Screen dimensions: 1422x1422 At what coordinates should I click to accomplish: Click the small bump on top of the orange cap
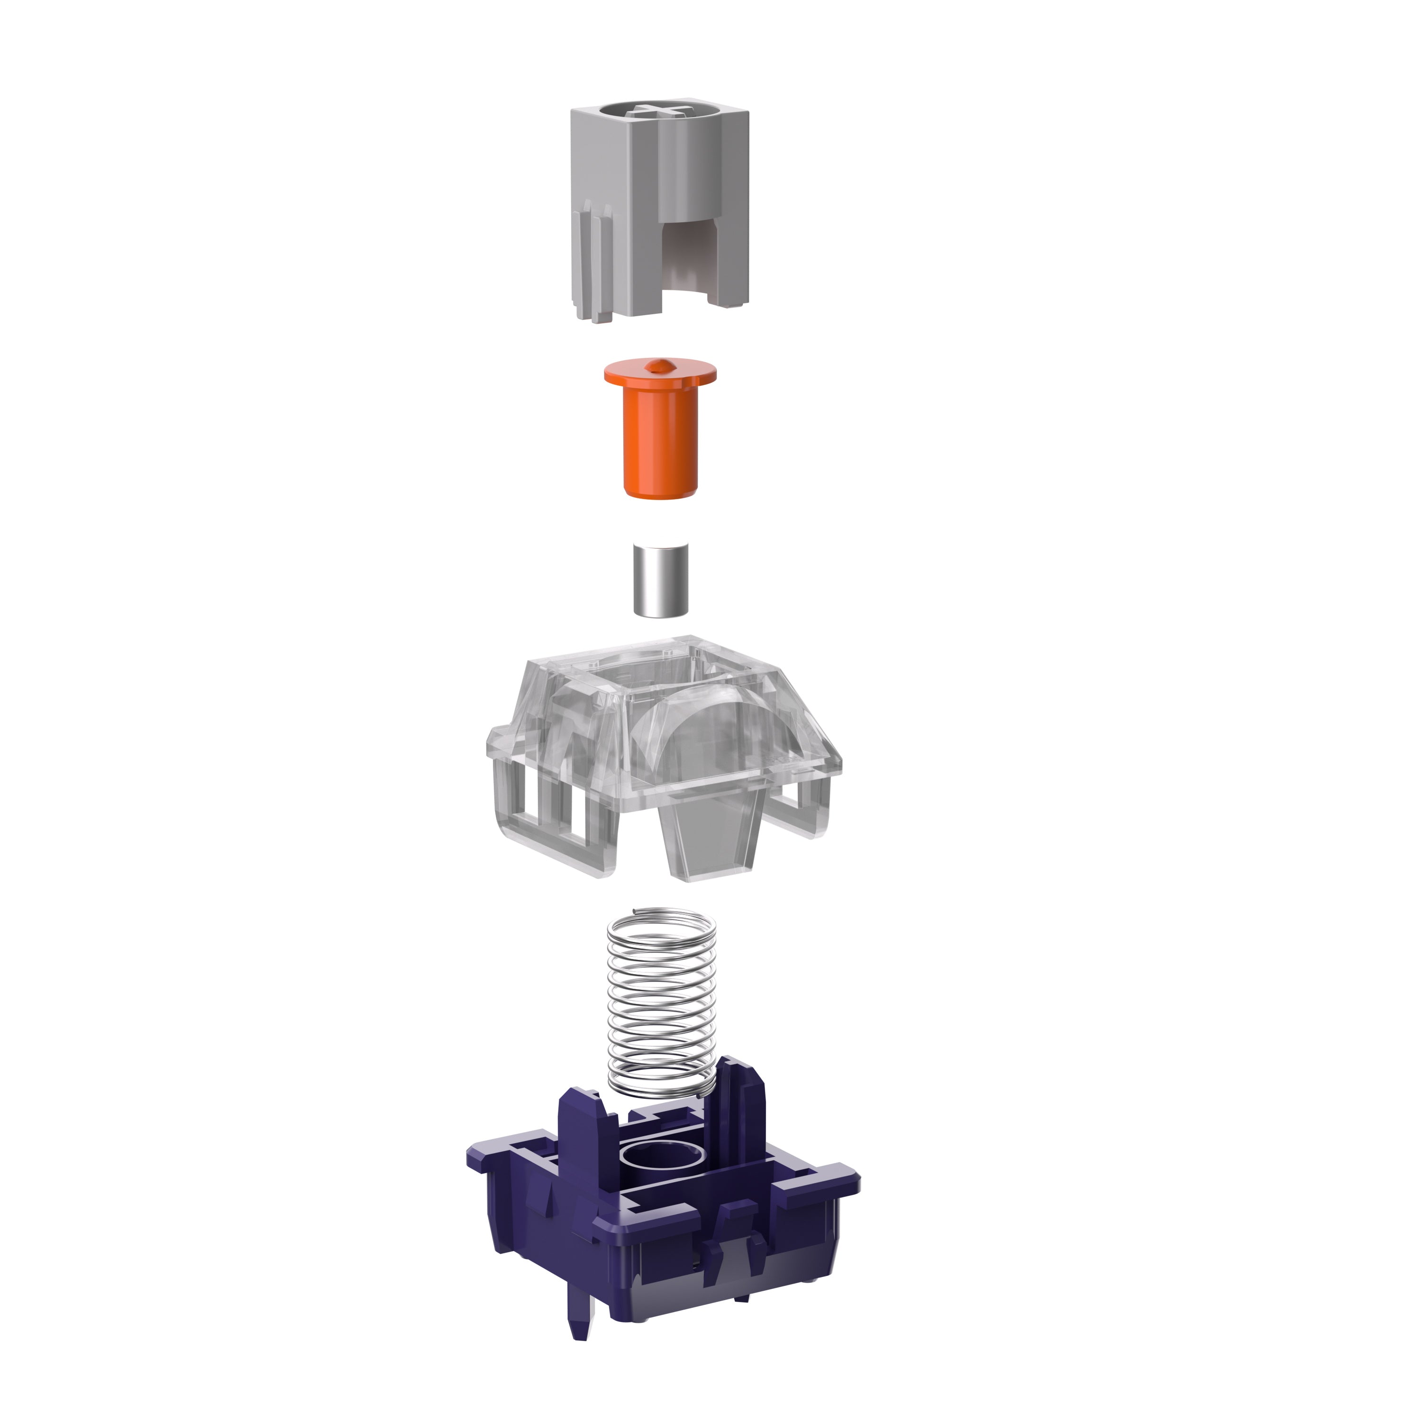click(x=659, y=365)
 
